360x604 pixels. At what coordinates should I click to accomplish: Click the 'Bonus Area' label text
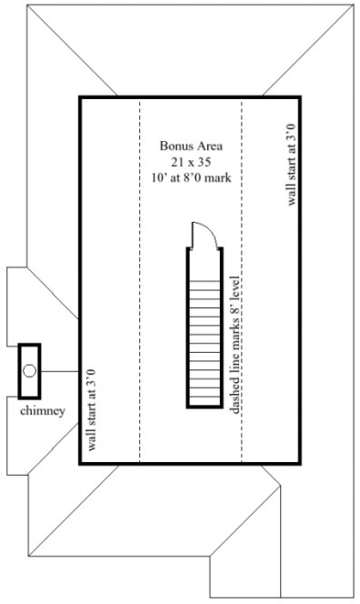click(x=191, y=145)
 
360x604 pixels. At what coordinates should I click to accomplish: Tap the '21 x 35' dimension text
click(x=191, y=160)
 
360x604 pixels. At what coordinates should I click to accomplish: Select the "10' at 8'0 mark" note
click(x=191, y=176)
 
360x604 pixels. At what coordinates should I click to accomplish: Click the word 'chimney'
click(x=43, y=411)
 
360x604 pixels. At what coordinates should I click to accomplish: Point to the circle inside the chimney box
click(x=30, y=371)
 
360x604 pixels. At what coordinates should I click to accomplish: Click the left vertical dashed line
click(x=139, y=273)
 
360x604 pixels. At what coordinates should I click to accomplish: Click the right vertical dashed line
click(x=242, y=182)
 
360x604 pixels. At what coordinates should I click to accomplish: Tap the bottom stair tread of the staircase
click(x=205, y=403)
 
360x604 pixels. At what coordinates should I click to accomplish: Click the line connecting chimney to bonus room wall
click(x=60, y=371)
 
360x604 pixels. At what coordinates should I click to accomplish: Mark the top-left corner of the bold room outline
click(x=80, y=96)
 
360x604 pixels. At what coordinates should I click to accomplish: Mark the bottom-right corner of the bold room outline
click(x=301, y=465)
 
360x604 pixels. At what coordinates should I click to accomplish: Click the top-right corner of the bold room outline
click(x=301, y=96)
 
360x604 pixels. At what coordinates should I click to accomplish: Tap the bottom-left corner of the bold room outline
click(x=80, y=465)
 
